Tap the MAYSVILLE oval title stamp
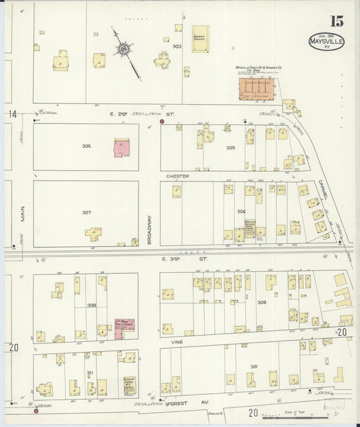327,41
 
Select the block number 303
177,47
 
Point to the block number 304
86,146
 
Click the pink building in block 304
122,147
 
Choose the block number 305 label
230,147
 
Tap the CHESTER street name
178,176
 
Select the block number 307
86,212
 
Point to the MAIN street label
22,214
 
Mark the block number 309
261,302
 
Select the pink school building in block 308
124,328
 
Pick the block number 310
253,367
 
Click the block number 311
88,373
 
